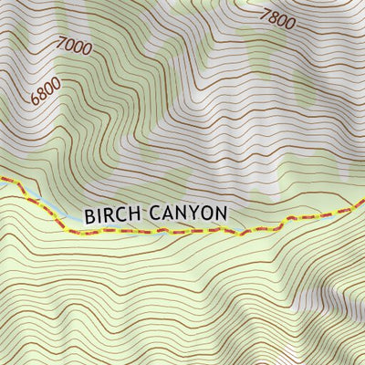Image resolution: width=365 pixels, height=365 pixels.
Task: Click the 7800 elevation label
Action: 276,18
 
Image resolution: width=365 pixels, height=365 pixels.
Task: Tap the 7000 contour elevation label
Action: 74,47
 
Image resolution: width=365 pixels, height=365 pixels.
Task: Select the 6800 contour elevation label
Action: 46,90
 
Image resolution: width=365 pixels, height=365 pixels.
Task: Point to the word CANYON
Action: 187,214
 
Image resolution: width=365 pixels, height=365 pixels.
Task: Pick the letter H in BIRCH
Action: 134,214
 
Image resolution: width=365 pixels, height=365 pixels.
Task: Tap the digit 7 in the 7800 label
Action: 265,13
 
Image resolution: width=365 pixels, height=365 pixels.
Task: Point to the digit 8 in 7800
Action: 273,16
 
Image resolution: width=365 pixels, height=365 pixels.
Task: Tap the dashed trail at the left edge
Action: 5,181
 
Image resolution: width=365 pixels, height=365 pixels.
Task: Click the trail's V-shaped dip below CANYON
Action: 242,234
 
